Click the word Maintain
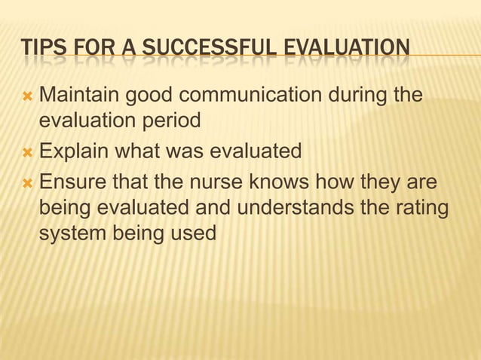click(78, 96)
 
